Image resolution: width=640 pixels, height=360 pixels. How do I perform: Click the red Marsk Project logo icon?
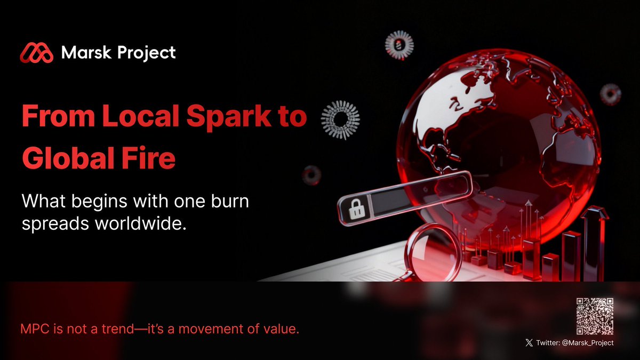(37, 53)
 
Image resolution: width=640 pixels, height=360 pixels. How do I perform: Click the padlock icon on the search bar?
(356, 210)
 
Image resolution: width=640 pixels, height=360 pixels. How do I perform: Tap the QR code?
(595, 316)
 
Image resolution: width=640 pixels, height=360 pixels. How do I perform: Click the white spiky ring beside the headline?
(340, 120)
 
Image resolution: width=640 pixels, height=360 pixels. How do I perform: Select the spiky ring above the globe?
(399, 44)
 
